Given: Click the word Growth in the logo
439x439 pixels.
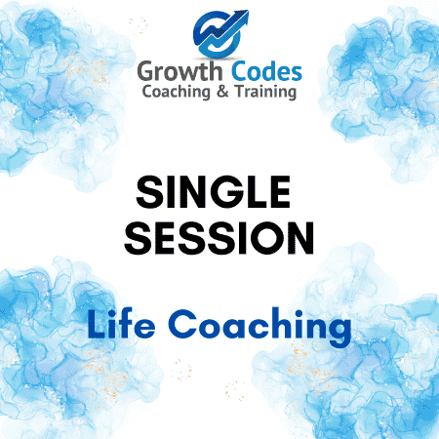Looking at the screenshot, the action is pyautogui.click(x=180, y=71).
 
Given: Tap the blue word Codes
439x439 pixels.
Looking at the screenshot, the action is pyautogui.click(x=266, y=71).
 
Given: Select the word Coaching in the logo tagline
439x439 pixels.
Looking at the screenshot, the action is pyautogui.click(x=176, y=92).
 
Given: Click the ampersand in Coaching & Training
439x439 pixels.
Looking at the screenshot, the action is pyautogui.click(x=222, y=92).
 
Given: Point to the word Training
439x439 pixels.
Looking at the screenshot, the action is pyautogui.click(x=266, y=92).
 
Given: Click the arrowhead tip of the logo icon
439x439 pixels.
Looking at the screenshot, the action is pyautogui.click(x=248, y=12).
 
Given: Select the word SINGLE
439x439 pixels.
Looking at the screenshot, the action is pyautogui.click(x=213, y=192).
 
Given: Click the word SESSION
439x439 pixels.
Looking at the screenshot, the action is pyautogui.click(x=219, y=238).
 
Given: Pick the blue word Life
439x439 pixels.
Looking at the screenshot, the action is pyautogui.click(x=121, y=324).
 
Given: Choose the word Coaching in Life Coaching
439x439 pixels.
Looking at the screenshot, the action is pyautogui.click(x=259, y=327).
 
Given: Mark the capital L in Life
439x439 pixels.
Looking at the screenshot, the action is pyautogui.click(x=96, y=324).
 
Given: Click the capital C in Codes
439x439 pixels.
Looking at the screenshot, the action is pyautogui.click(x=241, y=71).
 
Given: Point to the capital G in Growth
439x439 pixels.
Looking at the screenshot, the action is pyautogui.click(x=147, y=71).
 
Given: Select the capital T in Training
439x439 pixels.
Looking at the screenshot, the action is pyautogui.click(x=241, y=91).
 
